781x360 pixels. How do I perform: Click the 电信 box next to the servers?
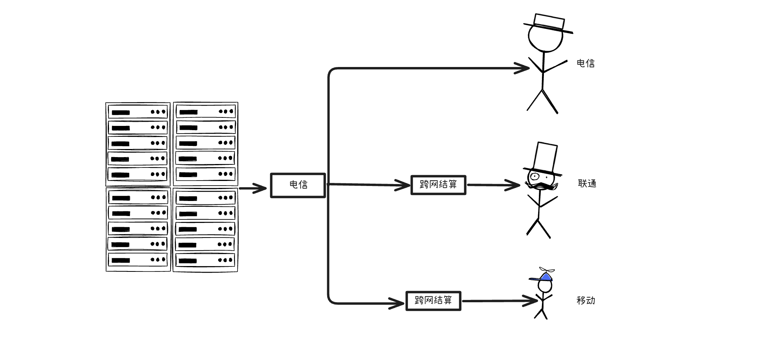(298, 185)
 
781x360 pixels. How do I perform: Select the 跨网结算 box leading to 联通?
(438, 185)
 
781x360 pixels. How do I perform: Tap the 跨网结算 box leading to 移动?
(433, 301)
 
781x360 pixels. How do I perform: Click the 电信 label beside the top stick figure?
(585, 64)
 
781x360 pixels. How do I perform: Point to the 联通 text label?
(587, 184)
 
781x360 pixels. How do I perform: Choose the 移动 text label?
(585, 301)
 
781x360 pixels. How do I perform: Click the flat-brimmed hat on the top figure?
(549, 23)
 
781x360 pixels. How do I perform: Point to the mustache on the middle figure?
(542, 186)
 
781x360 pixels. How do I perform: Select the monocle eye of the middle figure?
(534, 177)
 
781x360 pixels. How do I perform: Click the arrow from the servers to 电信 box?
(253, 188)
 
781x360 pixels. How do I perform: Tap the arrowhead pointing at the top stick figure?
(523, 69)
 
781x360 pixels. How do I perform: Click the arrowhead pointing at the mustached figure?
(513, 185)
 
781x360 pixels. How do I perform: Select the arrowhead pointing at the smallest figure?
(530, 301)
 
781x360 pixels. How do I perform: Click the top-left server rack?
(138, 144)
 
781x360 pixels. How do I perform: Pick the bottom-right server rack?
(205, 230)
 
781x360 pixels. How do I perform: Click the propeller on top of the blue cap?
(547, 270)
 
